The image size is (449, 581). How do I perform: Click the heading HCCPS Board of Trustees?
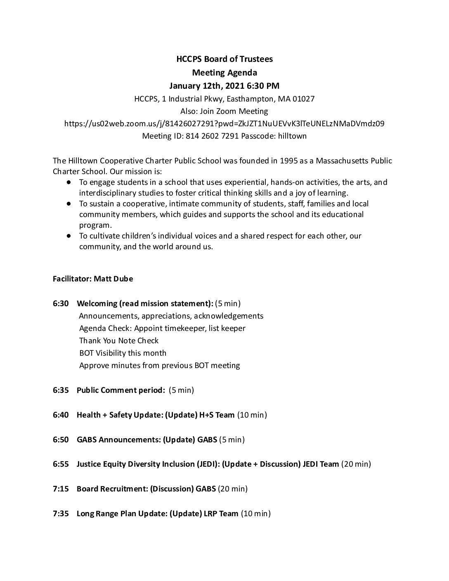pyautogui.click(x=224, y=59)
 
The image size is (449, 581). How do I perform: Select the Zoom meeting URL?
pyautogui.click(x=224, y=123)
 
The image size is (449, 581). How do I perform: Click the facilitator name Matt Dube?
pyautogui.click(x=113, y=279)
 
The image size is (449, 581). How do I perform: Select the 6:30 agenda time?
pyautogui.click(x=61, y=304)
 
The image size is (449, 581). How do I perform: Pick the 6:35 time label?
pyautogui.click(x=61, y=390)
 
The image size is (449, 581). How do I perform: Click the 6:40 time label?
pyautogui.click(x=61, y=415)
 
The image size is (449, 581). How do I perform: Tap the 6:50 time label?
pyautogui.click(x=61, y=439)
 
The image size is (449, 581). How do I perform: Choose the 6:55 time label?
pyautogui.click(x=61, y=464)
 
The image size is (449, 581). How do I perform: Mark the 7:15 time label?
pyautogui.click(x=61, y=489)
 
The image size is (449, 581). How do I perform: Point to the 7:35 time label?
pyautogui.click(x=61, y=514)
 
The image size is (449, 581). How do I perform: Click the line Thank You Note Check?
pyautogui.click(x=119, y=340)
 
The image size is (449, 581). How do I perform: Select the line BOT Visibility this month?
pyautogui.click(x=123, y=353)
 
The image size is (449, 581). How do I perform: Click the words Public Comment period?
pyautogui.click(x=121, y=390)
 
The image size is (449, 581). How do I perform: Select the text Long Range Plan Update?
pyautogui.click(x=121, y=514)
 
